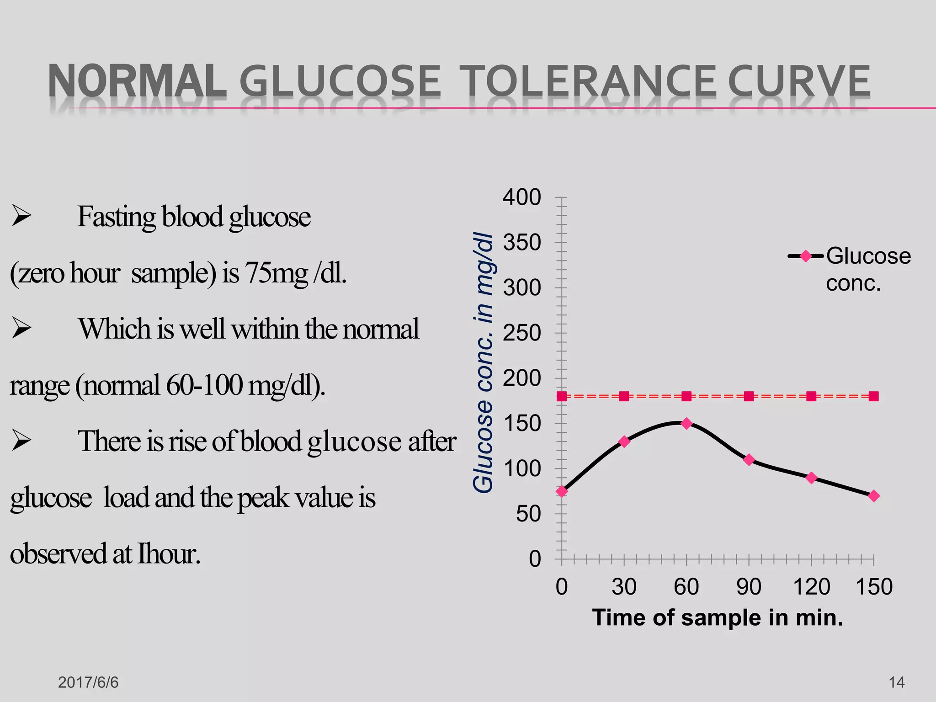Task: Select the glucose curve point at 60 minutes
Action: click(686, 424)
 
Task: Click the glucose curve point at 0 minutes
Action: click(562, 492)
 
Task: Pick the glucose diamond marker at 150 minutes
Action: click(873, 496)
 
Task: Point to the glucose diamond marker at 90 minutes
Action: click(749, 460)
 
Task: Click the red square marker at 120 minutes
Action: click(811, 396)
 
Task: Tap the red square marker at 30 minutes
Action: click(624, 396)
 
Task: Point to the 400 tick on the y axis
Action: click(521, 197)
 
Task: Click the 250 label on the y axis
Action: click(521, 333)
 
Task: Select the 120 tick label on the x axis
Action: click(811, 587)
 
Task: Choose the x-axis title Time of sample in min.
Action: click(718, 617)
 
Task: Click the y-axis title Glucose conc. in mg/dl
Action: click(483, 363)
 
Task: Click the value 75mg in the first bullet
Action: click(277, 273)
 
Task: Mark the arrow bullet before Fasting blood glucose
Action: click(21, 216)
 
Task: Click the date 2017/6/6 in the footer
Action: click(88, 682)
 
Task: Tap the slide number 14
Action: click(896, 682)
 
